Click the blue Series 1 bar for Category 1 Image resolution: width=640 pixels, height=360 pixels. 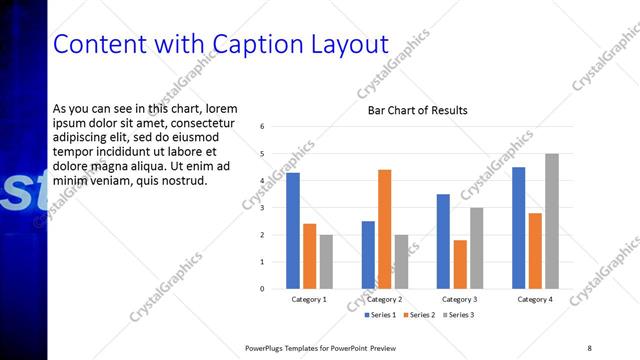point(293,231)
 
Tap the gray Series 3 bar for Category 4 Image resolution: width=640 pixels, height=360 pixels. point(551,221)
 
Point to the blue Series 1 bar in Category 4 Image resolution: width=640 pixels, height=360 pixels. point(518,228)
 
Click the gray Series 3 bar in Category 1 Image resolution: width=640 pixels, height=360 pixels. point(326,262)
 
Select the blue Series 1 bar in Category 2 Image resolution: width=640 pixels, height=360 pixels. point(368,255)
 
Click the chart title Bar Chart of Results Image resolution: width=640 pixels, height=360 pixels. point(417,110)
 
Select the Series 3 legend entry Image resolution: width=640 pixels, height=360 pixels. point(459,315)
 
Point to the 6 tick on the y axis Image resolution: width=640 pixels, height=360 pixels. point(261,127)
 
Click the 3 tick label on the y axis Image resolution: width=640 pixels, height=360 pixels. point(261,208)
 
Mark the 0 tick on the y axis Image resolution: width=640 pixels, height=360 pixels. point(261,289)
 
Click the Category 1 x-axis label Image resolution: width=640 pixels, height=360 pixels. point(309,300)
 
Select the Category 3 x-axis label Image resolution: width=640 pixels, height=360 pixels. point(460,300)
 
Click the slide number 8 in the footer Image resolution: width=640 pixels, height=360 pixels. point(590,347)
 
